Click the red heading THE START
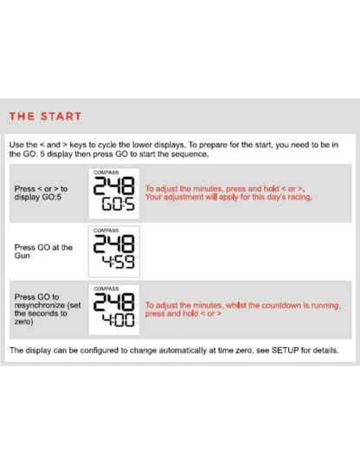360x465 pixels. pyautogui.click(x=45, y=116)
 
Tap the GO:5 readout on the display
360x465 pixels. pyautogui.click(x=119, y=204)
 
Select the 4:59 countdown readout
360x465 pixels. pyautogui.click(x=119, y=262)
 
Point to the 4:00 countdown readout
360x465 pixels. pyautogui.click(x=119, y=320)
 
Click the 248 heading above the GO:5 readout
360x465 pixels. pyautogui.click(x=114, y=186)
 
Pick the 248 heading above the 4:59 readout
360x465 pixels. pyautogui.click(x=114, y=244)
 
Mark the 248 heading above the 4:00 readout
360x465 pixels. pyautogui.click(x=114, y=302)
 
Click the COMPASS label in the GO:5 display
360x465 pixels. pyautogui.click(x=106, y=172)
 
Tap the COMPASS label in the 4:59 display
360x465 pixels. pyautogui.click(x=106, y=230)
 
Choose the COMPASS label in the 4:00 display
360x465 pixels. pyautogui.click(x=106, y=288)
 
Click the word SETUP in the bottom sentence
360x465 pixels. pyautogui.click(x=286, y=350)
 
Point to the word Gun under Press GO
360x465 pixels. pyautogui.click(x=22, y=255)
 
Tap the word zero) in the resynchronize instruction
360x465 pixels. pyautogui.click(x=23, y=322)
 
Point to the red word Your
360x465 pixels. pyautogui.click(x=153, y=197)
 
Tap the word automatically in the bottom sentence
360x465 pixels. pyautogui.click(x=183, y=351)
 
